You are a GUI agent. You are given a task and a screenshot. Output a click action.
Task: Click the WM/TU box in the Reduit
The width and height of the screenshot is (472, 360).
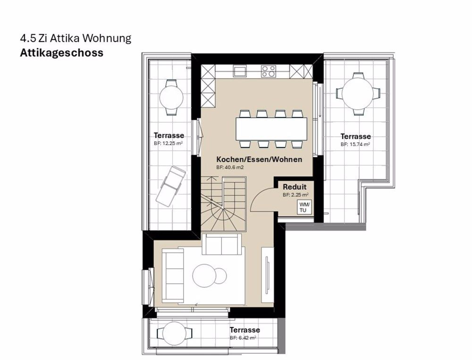[304, 207]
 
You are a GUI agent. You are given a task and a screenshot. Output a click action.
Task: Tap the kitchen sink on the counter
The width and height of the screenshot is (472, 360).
[240, 71]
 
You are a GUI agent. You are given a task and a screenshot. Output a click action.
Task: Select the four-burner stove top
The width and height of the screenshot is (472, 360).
[269, 71]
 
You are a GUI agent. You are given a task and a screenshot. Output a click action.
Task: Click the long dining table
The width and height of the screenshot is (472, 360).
[271, 129]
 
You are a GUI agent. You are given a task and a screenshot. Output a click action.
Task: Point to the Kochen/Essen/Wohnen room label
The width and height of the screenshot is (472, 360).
[259, 159]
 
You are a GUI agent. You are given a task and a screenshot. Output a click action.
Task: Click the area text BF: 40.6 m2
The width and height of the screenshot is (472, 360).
[230, 168]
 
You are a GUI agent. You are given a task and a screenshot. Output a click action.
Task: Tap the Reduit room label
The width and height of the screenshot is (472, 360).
[295, 187]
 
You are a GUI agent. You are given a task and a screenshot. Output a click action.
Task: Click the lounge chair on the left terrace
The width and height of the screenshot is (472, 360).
[170, 186]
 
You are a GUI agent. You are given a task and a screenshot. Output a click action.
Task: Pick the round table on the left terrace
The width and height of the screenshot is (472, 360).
[171, 97]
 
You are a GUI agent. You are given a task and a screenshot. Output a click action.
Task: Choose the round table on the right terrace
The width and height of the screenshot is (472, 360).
[358, 94]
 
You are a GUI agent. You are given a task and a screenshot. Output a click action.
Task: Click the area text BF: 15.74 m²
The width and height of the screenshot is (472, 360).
[355, 145]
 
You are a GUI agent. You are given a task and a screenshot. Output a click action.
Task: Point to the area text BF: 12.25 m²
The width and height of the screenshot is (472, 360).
[169, 144]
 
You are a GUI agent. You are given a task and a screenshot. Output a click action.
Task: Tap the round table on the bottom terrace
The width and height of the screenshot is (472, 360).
[174, 334]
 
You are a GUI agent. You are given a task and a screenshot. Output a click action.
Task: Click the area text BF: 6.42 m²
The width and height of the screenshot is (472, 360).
[243, 338]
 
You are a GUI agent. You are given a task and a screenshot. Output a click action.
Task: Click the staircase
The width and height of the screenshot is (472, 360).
[224, 204]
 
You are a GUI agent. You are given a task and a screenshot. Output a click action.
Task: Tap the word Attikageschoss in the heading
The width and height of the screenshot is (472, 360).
[62, 53]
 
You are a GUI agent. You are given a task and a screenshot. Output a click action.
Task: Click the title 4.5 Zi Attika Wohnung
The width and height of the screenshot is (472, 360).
[76, 38]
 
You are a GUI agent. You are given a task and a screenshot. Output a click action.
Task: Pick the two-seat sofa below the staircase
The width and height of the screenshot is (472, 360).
[221, 244]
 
